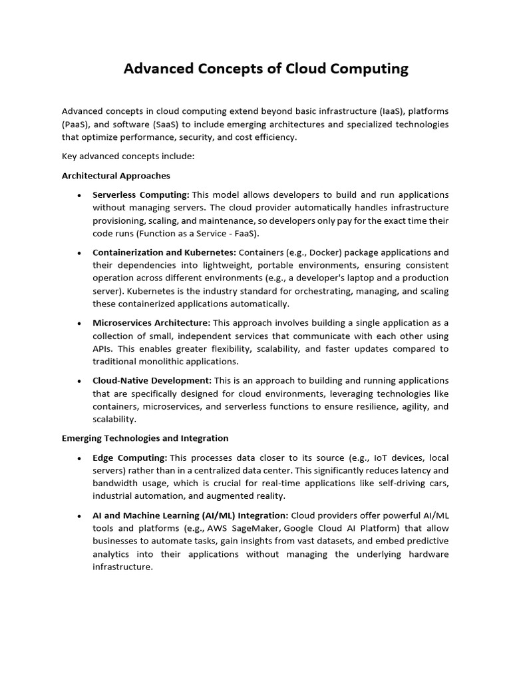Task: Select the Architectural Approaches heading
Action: coord(116,176)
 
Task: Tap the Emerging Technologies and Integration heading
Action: coord(145,438)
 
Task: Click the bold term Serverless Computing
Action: coord(141,194)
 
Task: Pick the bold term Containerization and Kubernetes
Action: coord(164,252)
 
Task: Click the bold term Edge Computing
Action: coord(130,458)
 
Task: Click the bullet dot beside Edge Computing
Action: coord(79,458)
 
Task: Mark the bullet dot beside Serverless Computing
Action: coord(79,195)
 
